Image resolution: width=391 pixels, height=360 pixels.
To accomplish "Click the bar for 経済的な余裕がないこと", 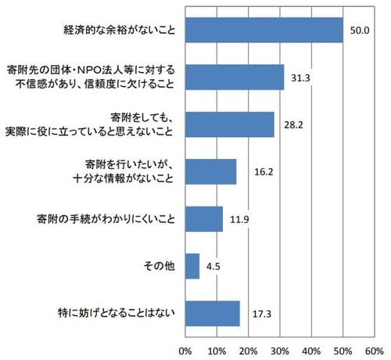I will click(264, 31).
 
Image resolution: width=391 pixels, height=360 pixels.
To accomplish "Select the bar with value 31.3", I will click(235, 77).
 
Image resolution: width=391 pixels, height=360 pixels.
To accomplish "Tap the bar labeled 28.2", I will click(230, 124).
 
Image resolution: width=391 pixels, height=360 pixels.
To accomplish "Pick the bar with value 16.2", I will click(211, 171).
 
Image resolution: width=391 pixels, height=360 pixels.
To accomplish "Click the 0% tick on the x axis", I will click(186, 349).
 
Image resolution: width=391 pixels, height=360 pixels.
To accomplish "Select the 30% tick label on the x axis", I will click(280, 349).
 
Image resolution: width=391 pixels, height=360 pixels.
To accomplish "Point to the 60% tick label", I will click(374, 349).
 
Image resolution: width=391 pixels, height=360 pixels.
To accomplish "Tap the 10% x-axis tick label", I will click(217, 349).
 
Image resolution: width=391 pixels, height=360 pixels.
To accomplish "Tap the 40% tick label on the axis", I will click(311, 349).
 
